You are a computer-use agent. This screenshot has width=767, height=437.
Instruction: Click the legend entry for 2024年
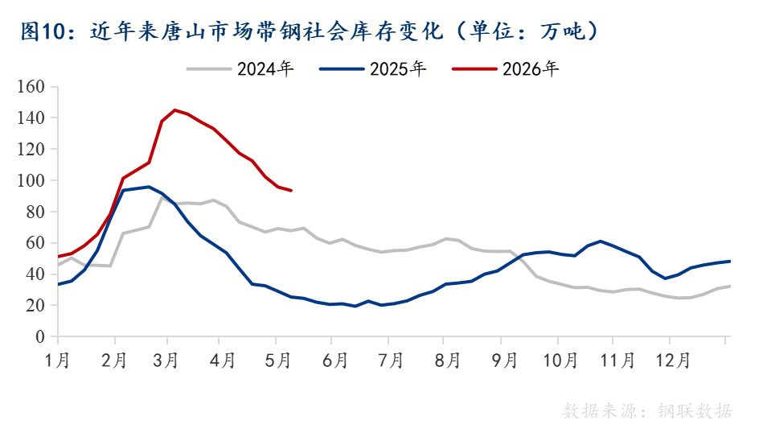(240, 69)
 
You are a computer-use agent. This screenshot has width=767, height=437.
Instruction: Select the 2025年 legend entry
(373, 69)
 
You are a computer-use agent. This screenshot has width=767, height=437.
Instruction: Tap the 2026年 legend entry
(505, 69)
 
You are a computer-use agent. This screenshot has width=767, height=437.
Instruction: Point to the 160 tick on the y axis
(31, 87)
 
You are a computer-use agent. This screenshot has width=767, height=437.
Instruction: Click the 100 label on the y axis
(31, 180)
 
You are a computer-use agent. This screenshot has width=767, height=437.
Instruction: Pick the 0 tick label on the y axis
(40, 336)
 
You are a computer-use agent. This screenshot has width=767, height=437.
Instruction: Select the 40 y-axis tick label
(35, 274)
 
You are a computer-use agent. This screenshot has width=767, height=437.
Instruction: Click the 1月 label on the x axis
(58, 361)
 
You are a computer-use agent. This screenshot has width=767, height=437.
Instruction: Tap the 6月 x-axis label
(335, 361)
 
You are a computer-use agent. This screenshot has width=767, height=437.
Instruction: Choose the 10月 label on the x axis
(560, 361)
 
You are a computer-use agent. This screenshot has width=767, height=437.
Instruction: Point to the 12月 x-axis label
(674, 361)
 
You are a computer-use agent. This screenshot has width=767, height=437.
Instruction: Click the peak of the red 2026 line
(174, 109)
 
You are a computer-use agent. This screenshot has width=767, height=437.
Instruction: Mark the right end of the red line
(292, 191)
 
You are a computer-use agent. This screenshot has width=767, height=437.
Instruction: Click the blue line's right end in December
(730, 261)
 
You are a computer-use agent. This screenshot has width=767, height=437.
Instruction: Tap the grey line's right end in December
(730, 287)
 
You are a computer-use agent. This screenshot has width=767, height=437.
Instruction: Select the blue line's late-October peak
(601, 241)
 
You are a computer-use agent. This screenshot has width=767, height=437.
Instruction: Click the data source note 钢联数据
(695, 410)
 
